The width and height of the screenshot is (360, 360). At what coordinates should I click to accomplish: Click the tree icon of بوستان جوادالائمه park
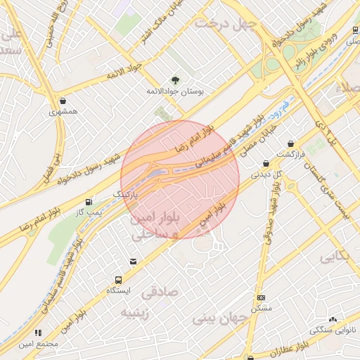point(176,80)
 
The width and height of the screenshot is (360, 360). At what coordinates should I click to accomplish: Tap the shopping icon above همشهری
point(64,101)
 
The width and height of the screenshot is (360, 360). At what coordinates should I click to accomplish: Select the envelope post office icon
point(134,262)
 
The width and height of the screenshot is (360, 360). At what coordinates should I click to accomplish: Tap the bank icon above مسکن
point(261,298)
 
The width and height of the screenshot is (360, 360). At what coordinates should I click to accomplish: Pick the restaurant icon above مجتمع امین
point(38,333)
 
